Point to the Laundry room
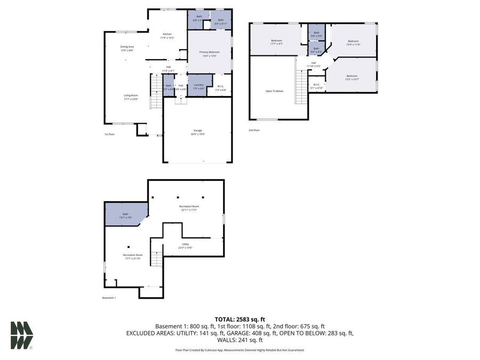(x=199, y=86)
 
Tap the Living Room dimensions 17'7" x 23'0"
(x=131, y=99)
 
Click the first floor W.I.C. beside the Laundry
(x=221, y=88)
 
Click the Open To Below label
(x=274, y=91)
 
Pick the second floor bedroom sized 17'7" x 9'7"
(x=276, y=42)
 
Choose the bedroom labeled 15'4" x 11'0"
(x=353, y=43)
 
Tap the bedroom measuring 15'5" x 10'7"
(x=352, y=77)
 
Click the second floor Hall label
(x=314, y=65)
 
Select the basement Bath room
(x=126, y=215)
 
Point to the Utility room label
(x=186, y=246)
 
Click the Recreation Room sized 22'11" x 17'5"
(x=189, y=208)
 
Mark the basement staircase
(x=156, y=259)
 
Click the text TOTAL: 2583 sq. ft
(x=240, y=319)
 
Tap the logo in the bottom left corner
(x=22, y=335)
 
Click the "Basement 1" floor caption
(x=109, y=298)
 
